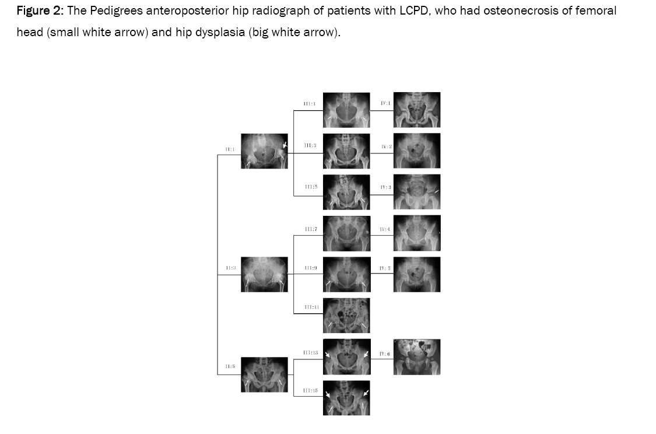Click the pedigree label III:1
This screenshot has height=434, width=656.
(309, 103)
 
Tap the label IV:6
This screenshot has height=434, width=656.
(385, 354)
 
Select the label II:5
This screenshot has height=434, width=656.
(230, 366)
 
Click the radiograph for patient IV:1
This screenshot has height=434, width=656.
(417, 110)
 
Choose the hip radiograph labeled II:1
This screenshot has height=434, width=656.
(264, 151)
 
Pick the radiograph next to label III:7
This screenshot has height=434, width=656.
(346, 233)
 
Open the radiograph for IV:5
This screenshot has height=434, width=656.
(417, 274)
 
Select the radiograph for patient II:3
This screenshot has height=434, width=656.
(264, 274)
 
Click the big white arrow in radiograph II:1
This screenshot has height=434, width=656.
(285, 145)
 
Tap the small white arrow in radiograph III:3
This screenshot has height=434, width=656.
(331, 159)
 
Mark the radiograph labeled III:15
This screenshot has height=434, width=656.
(346, 398)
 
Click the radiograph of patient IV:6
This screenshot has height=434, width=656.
(417, 356)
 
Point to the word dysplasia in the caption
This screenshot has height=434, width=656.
(220, 32)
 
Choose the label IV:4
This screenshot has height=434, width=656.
(385, 230)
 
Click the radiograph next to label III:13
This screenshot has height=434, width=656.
(346, 356)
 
